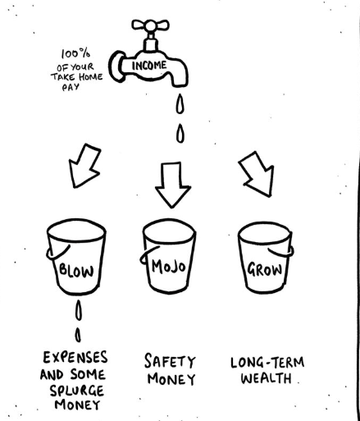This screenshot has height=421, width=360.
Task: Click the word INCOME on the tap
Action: click(149, 66)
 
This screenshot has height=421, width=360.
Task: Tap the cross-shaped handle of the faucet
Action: click(150, 25)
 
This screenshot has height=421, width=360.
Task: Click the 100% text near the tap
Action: click(75, 53)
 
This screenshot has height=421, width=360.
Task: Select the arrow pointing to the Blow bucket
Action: click(84, 166)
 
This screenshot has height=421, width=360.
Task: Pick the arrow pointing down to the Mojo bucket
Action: click(172, 185)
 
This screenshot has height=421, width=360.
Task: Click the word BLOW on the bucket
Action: click(76, 271)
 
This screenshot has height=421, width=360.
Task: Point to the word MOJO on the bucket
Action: click(169, 267)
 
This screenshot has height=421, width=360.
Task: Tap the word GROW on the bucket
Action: click(264, 269)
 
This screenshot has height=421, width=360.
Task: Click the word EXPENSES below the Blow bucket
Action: click(75, 358)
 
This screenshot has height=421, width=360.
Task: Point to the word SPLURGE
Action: click(77, 391)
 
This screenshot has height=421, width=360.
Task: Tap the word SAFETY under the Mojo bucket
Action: click(170, 361)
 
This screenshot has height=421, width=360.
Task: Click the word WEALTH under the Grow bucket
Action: click(266, 378)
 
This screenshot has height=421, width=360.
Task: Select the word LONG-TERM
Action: click(267, 363)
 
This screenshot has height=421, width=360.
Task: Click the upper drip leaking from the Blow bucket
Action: click(79, 310)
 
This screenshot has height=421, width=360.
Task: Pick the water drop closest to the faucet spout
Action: click(180, 103)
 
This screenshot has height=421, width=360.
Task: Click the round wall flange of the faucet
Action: click(116, 66)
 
